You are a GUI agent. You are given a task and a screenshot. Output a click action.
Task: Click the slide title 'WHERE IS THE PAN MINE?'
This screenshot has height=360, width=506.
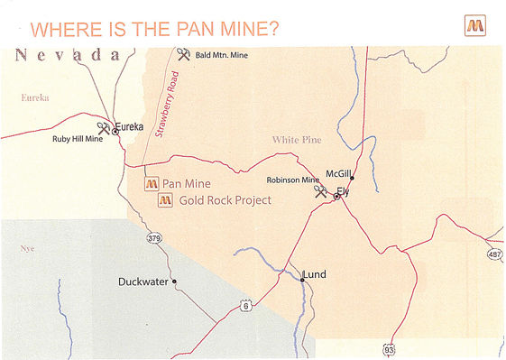click(153, 28)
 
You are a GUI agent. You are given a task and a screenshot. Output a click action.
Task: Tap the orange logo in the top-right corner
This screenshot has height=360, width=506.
click(475, 25)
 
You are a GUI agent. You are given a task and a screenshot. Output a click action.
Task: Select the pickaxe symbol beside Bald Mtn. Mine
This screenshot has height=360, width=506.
click(184, 55)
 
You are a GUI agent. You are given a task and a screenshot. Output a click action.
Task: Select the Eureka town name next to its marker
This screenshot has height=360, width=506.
click(130, 127)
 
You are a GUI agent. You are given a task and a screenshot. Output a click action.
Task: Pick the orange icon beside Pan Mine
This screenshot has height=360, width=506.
click(152, 183)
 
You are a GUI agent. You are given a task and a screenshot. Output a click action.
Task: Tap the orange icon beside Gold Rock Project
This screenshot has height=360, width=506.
click(165, 200)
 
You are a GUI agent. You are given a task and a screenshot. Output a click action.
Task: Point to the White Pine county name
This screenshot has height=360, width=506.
click(298, 140)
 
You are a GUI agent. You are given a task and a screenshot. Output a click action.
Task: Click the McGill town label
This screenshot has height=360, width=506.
click(340, 171)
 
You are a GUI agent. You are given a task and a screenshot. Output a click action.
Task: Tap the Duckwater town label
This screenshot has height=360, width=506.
click(143, 282)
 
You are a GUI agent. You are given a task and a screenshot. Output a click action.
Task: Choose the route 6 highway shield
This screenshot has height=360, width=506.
click(245, 307)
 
